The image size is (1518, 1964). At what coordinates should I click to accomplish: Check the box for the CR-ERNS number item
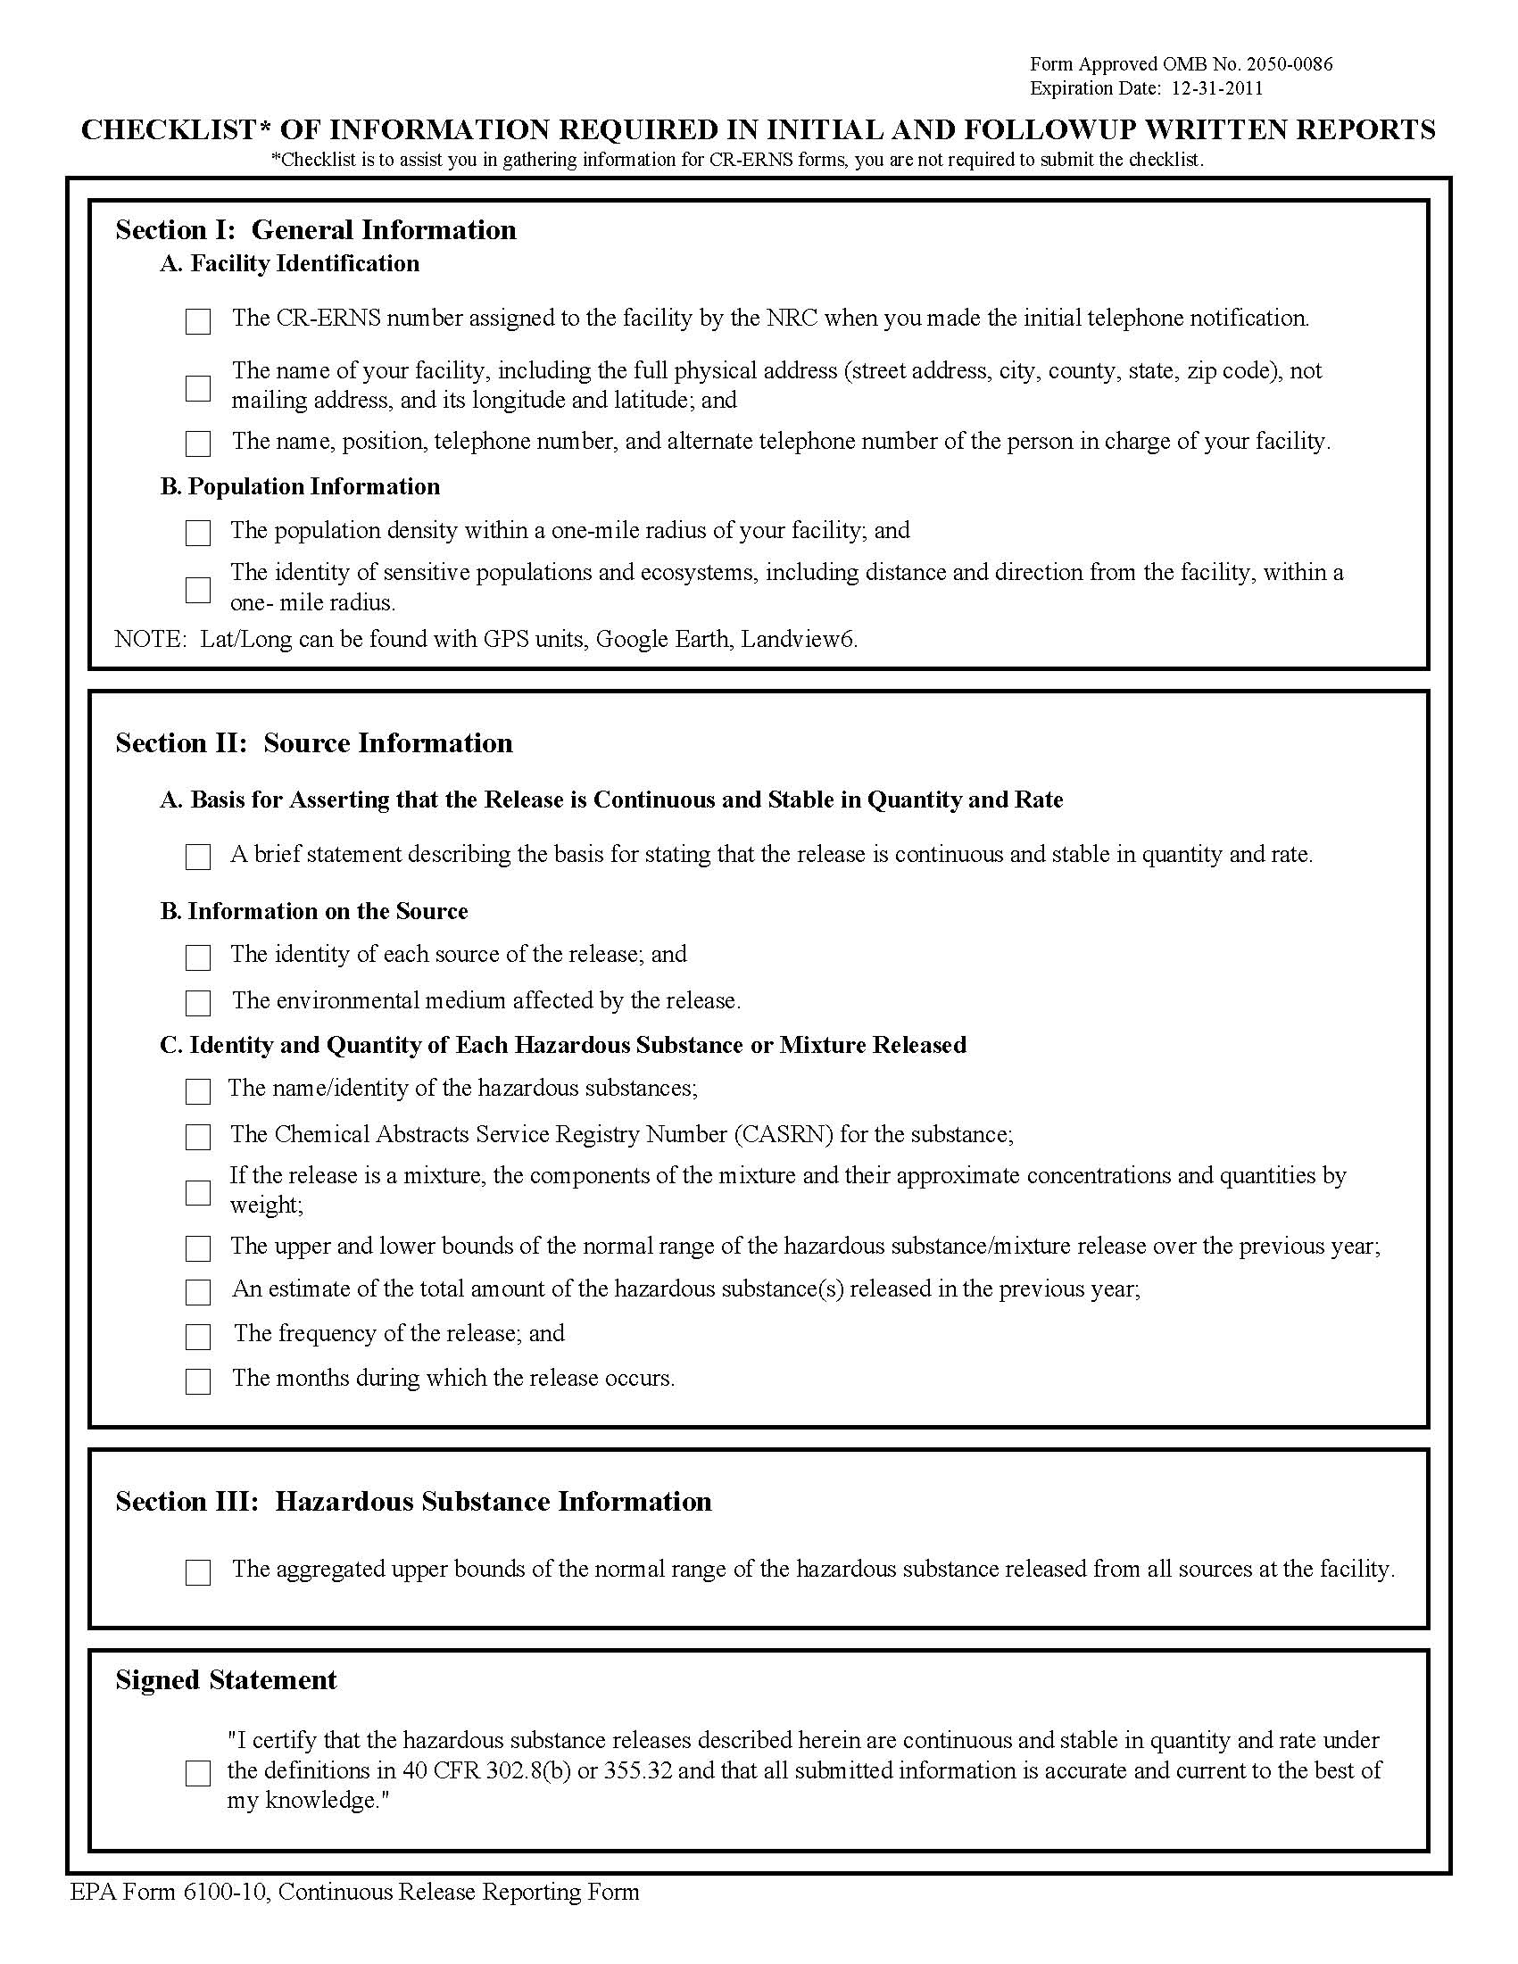click(198, 321)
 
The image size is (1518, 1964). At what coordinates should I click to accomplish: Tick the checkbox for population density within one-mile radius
click(198, 534)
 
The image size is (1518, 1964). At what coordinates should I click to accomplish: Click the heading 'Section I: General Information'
click(316, 230)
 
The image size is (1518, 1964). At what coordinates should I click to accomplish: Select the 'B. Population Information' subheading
click(301, 486)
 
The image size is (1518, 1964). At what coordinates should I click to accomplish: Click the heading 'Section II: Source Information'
click(314, 742)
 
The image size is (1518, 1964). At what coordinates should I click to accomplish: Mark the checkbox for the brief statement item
click(198, 857)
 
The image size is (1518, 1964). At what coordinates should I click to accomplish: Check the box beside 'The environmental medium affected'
click(198, 1003)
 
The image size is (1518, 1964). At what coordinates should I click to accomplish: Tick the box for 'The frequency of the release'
click(198, 1338)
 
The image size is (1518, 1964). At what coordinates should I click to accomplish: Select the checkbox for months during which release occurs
click(198, 1381)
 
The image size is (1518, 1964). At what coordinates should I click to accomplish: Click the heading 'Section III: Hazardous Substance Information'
click(414, 1501)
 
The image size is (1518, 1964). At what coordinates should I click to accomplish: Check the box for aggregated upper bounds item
click(198, 1572)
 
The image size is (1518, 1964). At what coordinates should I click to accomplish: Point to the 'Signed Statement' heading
click(226, 1680)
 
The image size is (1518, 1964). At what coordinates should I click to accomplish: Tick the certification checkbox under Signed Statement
click(198, 1773)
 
